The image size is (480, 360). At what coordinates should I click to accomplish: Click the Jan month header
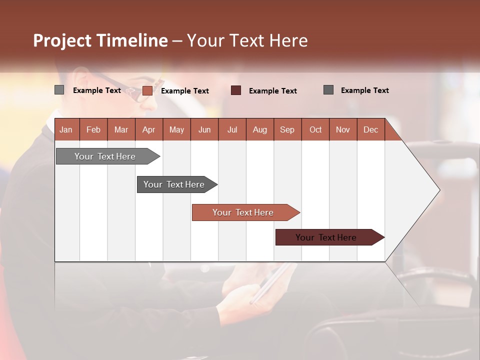tap(66, 129)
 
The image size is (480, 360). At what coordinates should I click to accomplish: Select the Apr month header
tap(148, 129)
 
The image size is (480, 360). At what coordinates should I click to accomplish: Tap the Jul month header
tap(232, 129)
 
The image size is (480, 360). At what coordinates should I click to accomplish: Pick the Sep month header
tap(287, 129)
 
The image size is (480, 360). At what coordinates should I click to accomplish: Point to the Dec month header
tap(370, 129)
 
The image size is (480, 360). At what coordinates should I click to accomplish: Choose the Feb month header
tap(93, 129)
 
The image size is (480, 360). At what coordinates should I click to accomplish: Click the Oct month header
tap(315, 129)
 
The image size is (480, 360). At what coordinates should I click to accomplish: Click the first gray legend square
tap(59, 90)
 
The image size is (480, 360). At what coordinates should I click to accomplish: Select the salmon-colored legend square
tap(147, 90)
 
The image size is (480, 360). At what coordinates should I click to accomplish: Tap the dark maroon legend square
tap(235, 90)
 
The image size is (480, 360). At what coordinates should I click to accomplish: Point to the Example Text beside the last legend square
tap(364, 90)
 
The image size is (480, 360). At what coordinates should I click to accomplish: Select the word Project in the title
tap(62, 40)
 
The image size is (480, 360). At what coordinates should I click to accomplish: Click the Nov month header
tap(343, 129)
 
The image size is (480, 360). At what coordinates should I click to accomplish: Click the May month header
tap(176, 129)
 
